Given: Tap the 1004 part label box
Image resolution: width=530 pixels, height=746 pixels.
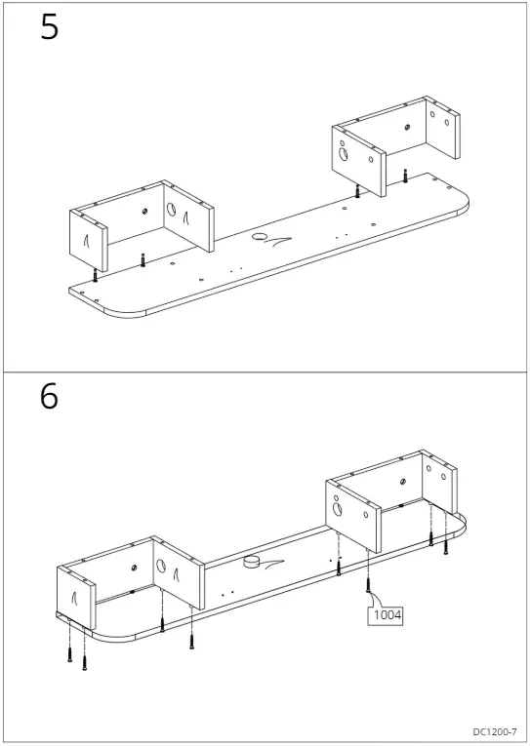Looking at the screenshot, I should [x=386, y=615].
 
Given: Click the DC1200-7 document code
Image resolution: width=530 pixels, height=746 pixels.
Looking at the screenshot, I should [x=495, y=731].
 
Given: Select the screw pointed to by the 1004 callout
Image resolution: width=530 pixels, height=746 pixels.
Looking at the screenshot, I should [x=368, y=585].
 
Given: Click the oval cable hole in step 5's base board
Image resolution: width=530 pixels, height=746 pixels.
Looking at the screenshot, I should [x=262, y=237].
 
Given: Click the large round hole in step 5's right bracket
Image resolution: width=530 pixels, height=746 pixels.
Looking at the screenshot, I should [x=344, y=152].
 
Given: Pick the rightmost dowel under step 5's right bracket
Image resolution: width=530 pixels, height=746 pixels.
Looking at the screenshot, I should [x=405, y=177].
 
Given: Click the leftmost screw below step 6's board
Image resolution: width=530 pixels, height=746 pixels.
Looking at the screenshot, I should [x=70, y=654].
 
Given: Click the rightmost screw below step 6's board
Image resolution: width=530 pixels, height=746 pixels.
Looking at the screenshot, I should [x=445, y=546].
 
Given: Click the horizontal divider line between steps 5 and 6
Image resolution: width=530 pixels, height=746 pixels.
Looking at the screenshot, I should [x=265, y=373].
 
